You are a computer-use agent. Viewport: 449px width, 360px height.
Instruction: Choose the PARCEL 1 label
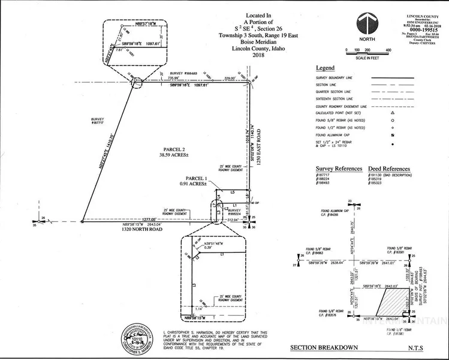[197, 178]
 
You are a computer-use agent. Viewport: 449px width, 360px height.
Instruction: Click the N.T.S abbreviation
[417, 348]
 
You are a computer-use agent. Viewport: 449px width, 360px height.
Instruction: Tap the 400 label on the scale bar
[388, 50]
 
